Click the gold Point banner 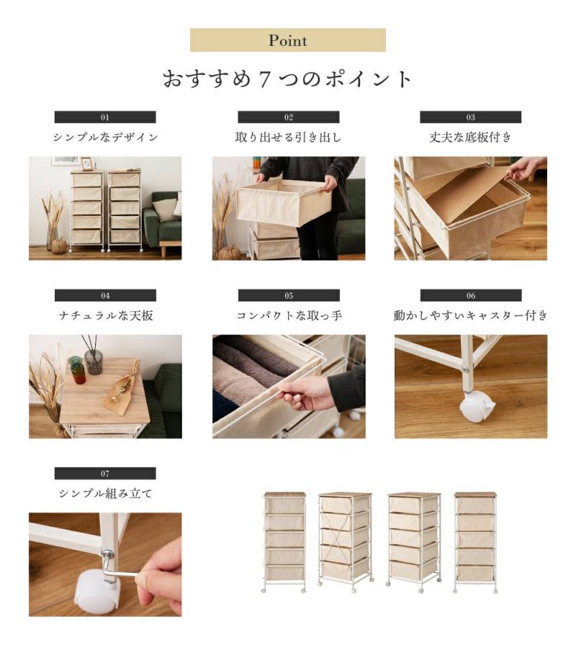[287, 40]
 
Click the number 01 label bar [105, 117]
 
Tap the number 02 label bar [289, 117]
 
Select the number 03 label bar [471, 117]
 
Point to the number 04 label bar [105, 295]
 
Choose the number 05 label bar [289, 295]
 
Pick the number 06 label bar [471, 295]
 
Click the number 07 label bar [105, 473]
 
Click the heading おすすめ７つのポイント [287, 78]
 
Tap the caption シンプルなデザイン [105, 137]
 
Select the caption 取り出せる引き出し [289, 137]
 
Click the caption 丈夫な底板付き [471, 137]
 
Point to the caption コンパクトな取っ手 [289, 315]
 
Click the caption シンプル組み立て [105, 493]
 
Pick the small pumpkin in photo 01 [60, 245]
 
